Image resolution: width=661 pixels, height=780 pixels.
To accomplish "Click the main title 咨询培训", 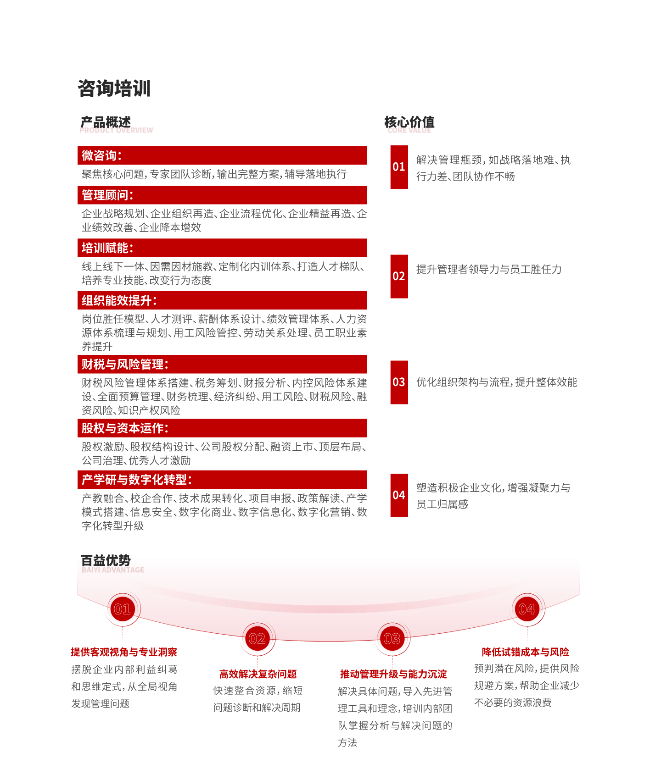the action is tap(114, 89).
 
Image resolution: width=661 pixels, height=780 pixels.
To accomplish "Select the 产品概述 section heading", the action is tap(106, 122).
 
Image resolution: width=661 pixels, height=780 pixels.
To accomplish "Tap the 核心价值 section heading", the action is tap(409, 122).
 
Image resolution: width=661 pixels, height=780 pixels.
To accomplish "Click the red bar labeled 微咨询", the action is tap(222, 155).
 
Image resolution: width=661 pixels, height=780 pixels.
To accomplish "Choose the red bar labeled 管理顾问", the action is tap(222, 195).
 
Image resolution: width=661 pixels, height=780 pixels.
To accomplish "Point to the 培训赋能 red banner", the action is tap(222, 248).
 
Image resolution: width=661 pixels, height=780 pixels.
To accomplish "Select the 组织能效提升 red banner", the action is tap(222, 300).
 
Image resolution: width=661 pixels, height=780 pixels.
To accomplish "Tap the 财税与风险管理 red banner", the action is tap(222, 364).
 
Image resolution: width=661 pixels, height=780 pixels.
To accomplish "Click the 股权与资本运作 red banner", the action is tap(222, 428).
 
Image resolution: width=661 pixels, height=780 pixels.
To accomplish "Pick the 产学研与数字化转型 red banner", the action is tap(222, 480).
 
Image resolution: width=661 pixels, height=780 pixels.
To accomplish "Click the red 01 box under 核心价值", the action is tap(399, 167).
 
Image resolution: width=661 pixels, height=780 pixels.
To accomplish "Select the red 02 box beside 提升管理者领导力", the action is tap(399, 277).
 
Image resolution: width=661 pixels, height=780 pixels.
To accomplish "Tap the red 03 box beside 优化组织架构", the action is tap(399, 382).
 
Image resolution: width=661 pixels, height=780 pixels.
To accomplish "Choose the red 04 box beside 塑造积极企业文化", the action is tap(399, 495).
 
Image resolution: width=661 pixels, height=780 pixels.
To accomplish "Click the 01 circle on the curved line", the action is tap(123, 609).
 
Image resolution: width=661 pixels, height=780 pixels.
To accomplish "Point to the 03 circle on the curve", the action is tap(392, 638).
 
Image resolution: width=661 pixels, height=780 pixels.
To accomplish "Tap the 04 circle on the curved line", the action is tap(527, 609).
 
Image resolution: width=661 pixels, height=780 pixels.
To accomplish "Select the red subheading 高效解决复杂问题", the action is tap(258, 674).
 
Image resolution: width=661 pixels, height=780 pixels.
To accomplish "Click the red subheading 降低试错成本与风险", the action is tap(526, 652).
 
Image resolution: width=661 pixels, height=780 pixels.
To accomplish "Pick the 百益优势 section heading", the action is tap(106, 560).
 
